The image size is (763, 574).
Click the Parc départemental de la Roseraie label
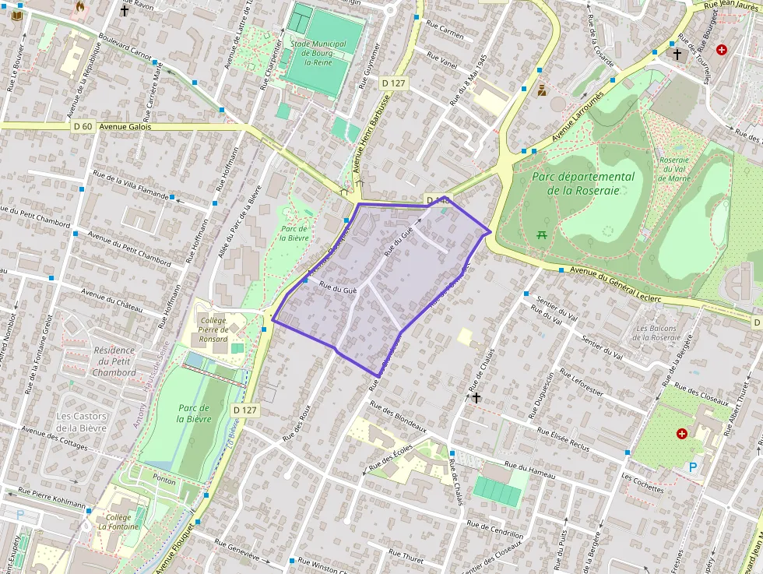coord(584,183)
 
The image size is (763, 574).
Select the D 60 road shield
coord(82,126)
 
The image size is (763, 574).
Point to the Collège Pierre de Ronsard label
coord(213,329)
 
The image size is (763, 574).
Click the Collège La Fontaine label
coord(118,522)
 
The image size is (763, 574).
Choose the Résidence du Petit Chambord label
coord(114,361)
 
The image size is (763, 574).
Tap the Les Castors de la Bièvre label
coord(82,421)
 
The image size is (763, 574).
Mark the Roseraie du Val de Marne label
coord(674,168)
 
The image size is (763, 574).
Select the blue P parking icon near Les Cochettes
coord(693,467)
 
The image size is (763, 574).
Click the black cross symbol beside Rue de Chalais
coord(476,397)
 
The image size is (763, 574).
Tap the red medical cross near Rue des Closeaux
coord(683,433)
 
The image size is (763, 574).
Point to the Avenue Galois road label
coord(125,126)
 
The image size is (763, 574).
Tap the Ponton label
coord(164,480)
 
